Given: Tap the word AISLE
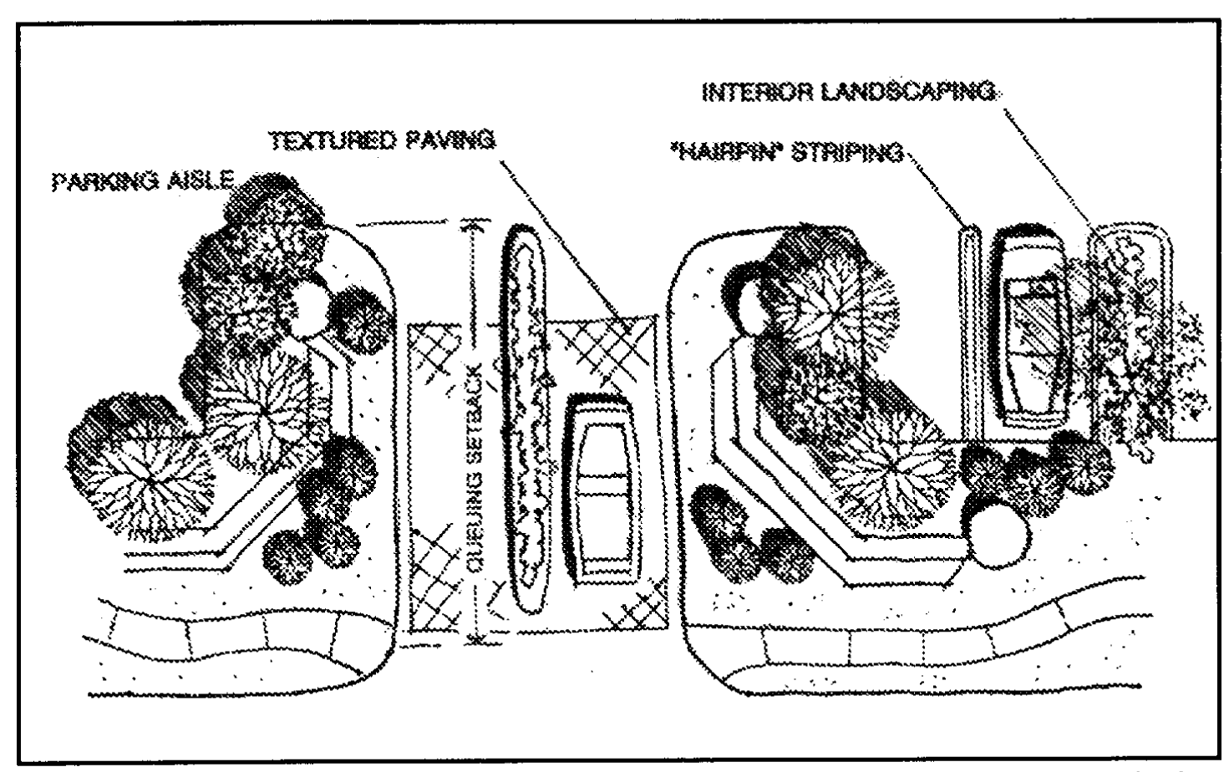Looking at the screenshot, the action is [x=199, y=180].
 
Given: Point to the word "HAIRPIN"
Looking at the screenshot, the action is [x=727, y=151].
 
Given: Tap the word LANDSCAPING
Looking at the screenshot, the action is [x=908, y=92].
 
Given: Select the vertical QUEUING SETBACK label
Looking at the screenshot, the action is [x=475, y=468].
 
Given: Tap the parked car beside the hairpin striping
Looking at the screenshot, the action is [x=1033, y=327].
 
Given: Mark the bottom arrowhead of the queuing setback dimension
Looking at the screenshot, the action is [x=476, y=638].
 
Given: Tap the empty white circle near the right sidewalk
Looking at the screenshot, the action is [x=997, y=536].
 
